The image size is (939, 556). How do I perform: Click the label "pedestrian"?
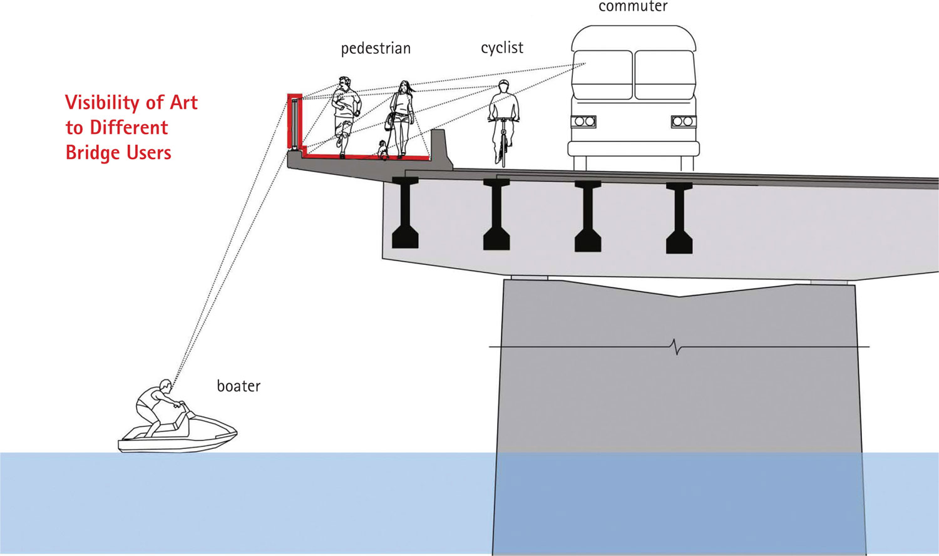376,49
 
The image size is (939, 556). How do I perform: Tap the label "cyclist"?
502,48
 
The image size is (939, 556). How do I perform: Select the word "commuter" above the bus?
633,7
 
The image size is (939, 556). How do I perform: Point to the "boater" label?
239,386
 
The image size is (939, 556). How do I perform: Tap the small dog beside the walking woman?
382,149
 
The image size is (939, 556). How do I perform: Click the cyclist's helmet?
503,84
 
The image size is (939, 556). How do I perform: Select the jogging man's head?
344,83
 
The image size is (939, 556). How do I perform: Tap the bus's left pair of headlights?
584,121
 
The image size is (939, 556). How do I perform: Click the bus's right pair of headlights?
682,121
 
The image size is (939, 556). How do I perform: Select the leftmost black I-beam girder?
405,213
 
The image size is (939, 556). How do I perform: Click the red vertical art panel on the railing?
295,121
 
